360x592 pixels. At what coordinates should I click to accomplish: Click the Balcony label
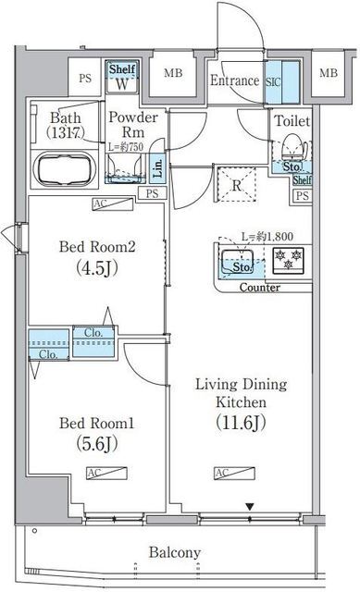[x=175, y=552]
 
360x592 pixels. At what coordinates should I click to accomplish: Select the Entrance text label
[x=233, y=80]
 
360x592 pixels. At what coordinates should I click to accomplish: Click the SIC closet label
[x=273, y=80]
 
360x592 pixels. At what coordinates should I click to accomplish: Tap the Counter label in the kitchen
[x=260, y=288]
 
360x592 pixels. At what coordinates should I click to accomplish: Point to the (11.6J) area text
[x=242, y=425]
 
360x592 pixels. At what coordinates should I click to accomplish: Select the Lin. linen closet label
[x=157, y=169]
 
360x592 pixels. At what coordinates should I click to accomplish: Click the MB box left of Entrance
[x=172, y=74]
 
